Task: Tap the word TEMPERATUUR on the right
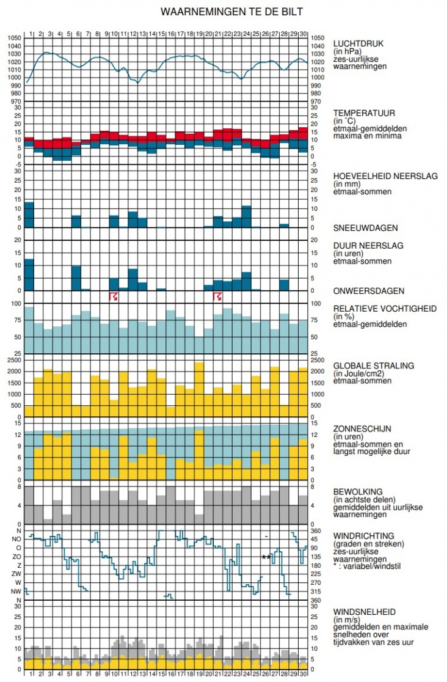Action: (x=364, y=113)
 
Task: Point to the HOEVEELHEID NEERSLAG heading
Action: (x=385, y=176)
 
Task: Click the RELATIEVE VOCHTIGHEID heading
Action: (x=385, y=309)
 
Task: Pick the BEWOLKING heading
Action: (x=358, y=491)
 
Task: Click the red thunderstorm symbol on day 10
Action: (x=114, y=296)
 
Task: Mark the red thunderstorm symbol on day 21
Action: (x=218, y=296)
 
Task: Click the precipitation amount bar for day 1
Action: (x=29, y=215)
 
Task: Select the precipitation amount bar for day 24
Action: (x=247, y=217)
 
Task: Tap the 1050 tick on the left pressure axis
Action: (x=14, y=38)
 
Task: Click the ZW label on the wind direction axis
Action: (x=16, y=574)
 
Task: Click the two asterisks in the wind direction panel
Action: (x=266, y=557)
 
